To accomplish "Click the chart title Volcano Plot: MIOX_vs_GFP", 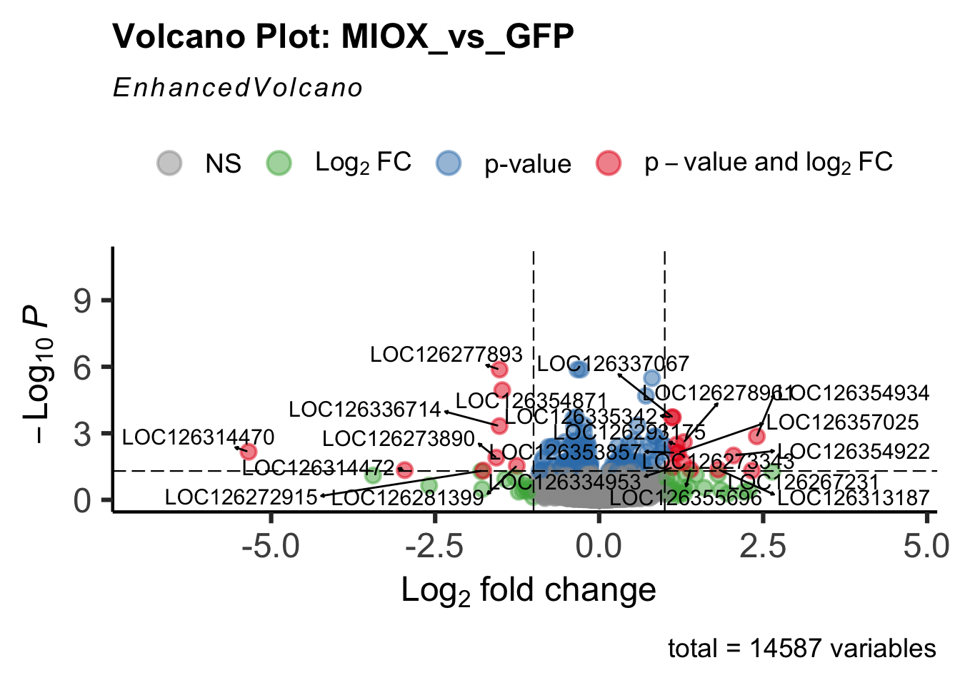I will (x=343, y=37).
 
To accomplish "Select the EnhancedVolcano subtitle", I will (x=238, y=88).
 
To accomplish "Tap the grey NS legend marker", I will (x=169, y=163).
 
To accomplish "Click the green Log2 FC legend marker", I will (x=279, y=163).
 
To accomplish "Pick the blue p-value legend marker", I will (x=449, y=163).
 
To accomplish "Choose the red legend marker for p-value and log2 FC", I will (x=609, y=163).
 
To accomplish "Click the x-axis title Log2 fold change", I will (x=529, y=591).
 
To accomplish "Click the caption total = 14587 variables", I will (x=801, y=649).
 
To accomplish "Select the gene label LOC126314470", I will (x=198, y=437).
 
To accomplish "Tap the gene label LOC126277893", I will (x=446, y=355).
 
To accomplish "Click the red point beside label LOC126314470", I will (x=248, y=452).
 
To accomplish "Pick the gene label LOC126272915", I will (x=241, y=497).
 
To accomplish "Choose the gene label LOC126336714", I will (x=365, y=410).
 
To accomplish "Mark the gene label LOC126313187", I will (x=854, y=498).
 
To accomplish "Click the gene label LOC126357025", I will (x=843, y=422).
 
